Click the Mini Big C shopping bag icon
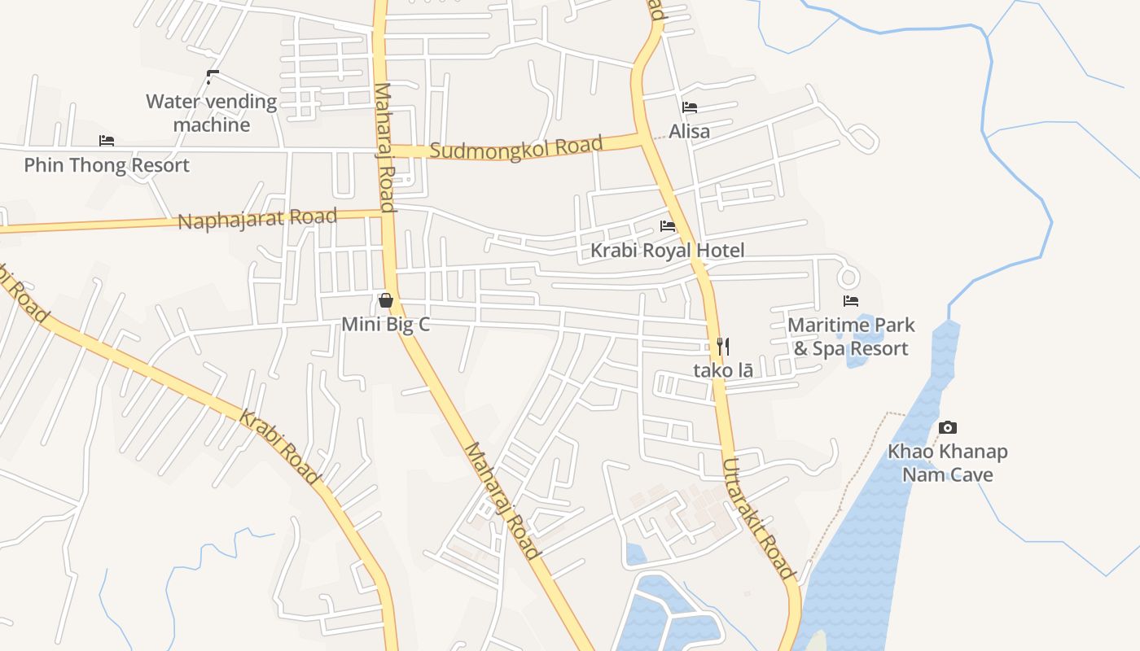[x=386, y=301]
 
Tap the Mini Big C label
[x=385, y=325]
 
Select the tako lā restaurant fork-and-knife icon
[x=722, y=347]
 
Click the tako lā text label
[x=722, y=370]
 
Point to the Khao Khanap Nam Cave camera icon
[x=948, y=427]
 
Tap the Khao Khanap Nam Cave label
[x=948, y=463]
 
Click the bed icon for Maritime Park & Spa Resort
[x=851, y=301]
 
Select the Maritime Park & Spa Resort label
[x=851, y=337]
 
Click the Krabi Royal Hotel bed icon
[x=668, y=225]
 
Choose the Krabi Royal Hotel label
[x=667, y=250]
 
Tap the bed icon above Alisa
[x=690, y=107]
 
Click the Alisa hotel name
[x=690, y=131]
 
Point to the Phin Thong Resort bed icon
[x=107, y=141]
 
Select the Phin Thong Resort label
[x=107, y=165]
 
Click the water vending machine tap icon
[x=213, y=77]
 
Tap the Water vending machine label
[x=212, y=113]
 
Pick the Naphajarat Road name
[x=257, y=219]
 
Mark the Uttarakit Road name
[x=757, y=518]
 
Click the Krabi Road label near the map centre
[x=278, y=448]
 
